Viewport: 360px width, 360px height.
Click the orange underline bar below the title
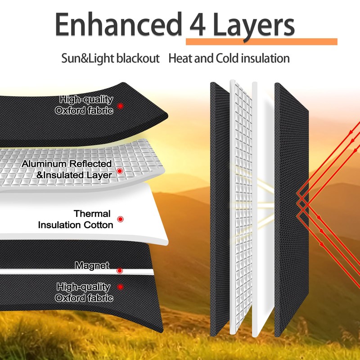[x=261, y=41]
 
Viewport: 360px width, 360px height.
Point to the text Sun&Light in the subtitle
[x=86, y=58]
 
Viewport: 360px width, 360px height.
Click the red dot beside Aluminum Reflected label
[x=120, y=171]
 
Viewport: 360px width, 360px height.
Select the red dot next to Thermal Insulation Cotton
[x=120, y=219]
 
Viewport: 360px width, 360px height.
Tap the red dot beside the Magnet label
[x=120, y=270]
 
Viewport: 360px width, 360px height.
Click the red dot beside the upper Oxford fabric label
[x=120, y=106]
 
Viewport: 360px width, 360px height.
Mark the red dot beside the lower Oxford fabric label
[x=120, y=287]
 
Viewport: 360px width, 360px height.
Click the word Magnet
[x=92, y=266]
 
